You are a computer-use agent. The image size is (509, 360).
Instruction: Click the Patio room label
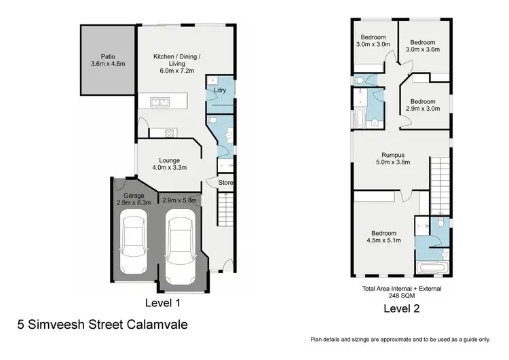(x=109, y=60)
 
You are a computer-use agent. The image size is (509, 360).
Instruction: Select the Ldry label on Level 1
(x=219, y=90)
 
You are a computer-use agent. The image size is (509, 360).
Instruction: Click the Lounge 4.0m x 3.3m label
(x=170, y=164)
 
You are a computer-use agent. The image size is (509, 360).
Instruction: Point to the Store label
(x=226, y=182)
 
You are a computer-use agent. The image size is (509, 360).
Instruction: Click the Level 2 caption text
(x=401, y=308)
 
